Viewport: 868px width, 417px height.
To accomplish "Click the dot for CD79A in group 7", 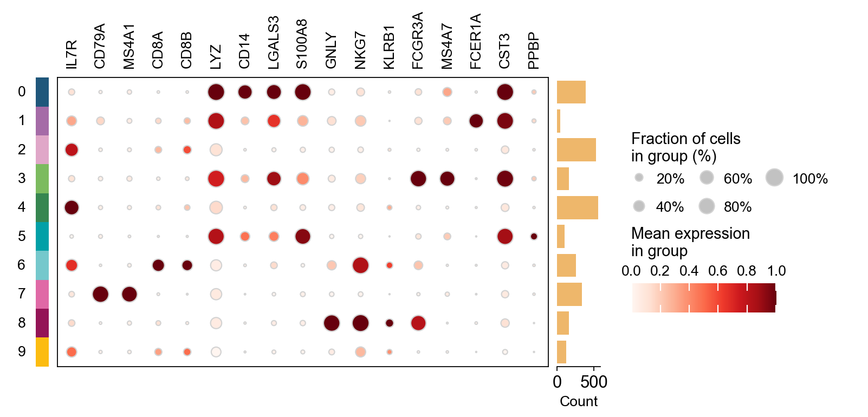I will (100, 294).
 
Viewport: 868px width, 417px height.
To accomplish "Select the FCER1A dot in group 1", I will (476, 121).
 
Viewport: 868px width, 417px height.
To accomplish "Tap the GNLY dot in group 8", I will (332, 323).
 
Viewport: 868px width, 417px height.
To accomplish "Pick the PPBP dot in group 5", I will (534, 236).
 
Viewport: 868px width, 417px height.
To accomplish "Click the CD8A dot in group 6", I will (158, 265).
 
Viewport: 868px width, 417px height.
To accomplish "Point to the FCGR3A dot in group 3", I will (418, 179).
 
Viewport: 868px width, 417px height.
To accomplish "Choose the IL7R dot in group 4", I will (72, 207).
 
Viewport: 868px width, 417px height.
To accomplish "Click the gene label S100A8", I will (302, 44).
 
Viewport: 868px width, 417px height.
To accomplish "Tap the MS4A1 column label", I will (129, 47).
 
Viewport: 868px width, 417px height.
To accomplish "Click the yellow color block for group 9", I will (42, 352).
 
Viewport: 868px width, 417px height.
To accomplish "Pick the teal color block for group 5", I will (42, 236).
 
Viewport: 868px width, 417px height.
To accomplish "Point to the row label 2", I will (22, 149).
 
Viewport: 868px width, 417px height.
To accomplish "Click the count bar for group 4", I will (577, 207).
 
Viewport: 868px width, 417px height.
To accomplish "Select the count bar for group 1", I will (559, 121).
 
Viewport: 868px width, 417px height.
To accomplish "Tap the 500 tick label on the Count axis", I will (594, 382).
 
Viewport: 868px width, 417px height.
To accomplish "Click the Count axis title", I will (579, 401).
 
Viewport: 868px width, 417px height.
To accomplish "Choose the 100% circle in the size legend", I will (775, 178).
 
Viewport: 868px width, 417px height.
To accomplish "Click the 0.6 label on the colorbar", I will (717, 271).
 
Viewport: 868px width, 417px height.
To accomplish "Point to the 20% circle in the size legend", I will (639, 178).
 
